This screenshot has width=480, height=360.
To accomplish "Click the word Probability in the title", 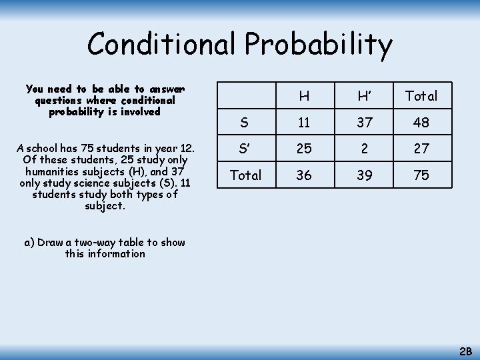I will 319,45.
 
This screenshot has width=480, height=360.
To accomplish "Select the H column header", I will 304,96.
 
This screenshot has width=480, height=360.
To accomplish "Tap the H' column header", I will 364,96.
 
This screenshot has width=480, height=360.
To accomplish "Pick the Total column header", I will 421,96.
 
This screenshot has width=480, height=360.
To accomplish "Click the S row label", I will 245,123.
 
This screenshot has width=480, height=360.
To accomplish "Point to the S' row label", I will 245,149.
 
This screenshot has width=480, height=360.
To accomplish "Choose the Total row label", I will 245,175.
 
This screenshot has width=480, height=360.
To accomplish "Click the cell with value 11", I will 304,123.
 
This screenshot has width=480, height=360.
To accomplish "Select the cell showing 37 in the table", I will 364,123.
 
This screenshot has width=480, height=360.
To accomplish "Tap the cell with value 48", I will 421,123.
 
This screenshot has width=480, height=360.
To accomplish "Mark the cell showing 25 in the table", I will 304,149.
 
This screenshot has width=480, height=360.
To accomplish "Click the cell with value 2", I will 364,149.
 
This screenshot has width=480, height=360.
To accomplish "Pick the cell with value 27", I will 421,149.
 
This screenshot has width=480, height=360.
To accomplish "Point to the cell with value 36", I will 304,175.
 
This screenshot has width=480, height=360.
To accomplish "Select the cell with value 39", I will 364,175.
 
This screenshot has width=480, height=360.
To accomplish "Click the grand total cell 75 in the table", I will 421,175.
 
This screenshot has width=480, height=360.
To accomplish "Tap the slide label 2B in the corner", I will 466,351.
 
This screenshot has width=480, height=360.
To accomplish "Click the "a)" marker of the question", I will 29,243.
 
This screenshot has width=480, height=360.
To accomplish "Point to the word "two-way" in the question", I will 98,243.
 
